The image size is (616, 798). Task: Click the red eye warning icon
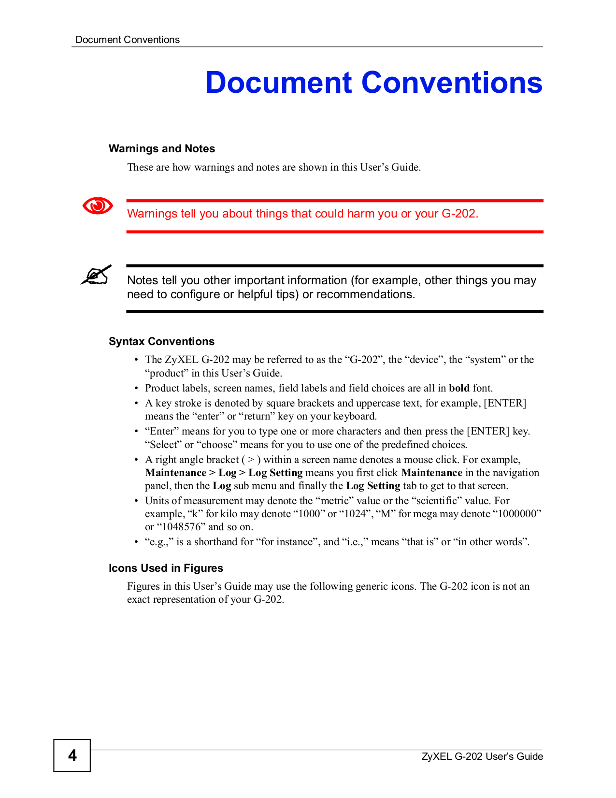[x=98, y=206]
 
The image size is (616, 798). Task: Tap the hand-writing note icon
[x=96, y=275]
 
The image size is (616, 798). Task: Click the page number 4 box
[x=72, y=755]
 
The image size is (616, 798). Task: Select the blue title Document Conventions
[x=373, y=82]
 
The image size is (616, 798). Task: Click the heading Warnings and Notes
[x=162, y=148]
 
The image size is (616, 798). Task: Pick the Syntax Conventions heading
[x=161, y=341]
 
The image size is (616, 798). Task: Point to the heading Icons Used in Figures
[x=166, y=568]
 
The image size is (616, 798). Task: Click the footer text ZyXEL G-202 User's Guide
[x=482, y=756]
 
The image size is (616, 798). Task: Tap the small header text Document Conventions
[x=128, y=40]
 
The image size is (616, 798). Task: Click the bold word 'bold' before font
[x=459, y=388]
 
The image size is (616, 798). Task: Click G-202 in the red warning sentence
[x=459, y=214]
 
